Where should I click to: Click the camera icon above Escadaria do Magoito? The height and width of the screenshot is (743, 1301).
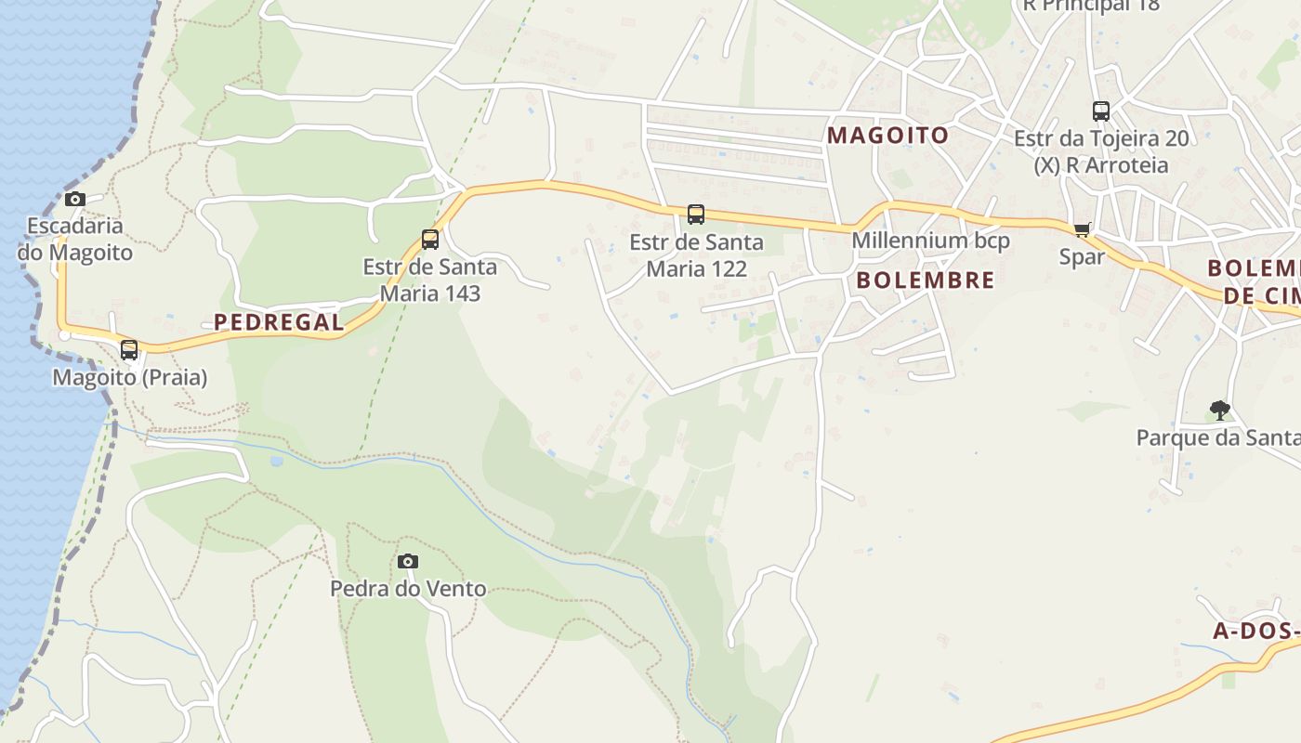click(x=75, y=199)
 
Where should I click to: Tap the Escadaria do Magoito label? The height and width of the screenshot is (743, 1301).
click(x=74, y=239)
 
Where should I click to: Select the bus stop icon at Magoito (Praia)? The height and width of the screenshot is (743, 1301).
click(x=129, y=350)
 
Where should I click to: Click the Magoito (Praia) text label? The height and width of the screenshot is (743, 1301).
click(x=129, y=378)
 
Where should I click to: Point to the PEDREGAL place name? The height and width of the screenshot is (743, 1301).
click(x=279, y=322)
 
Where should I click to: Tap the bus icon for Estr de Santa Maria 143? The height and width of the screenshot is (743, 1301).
click(x=429, y=240)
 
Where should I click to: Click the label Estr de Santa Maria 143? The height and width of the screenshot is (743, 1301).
click(x=429, y=280)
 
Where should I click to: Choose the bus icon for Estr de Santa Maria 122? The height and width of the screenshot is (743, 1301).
click(x=695, y=215)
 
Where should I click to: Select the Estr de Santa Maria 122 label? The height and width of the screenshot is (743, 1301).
click(x=696, y=255)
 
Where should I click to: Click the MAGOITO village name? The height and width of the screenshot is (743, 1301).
click(x=887, y=136)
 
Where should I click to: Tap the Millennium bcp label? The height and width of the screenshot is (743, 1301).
click(x=930, y=241)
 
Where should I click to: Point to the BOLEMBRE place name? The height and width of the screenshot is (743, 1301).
click(x=925, y=280)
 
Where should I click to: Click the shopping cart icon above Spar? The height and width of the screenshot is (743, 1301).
click(x=1082, y=229)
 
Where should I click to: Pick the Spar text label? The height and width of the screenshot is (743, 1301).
click(x=1082, y=256)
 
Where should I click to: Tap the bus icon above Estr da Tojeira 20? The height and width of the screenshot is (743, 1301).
click(x=1101, y=111)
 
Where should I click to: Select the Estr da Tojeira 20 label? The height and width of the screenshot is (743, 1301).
click(x=1100, y=139)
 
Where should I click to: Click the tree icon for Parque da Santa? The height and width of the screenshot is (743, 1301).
click(x=1219, y=410)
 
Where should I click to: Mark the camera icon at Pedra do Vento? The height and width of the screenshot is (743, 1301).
click(x=407, y=561)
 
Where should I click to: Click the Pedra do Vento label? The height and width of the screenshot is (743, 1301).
click(x=408, y=589)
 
